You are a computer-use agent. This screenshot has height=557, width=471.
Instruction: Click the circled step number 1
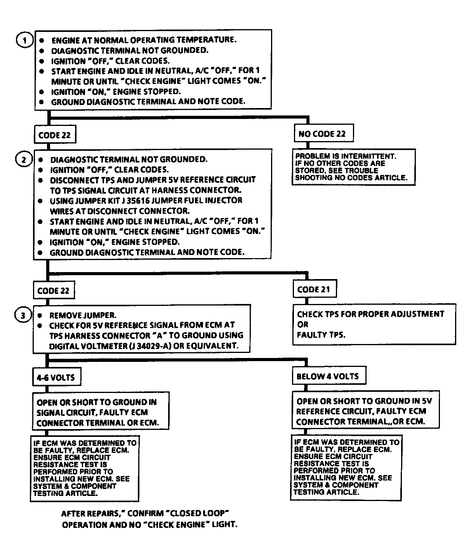point(25,40)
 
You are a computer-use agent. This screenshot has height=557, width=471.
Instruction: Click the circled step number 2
point(24,159)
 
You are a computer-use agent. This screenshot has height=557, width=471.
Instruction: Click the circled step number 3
point(23,315)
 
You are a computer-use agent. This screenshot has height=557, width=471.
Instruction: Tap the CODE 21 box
point(314,290)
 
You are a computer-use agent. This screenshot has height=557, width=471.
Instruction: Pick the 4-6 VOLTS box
point(56,377)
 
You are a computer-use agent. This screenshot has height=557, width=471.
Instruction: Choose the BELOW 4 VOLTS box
point(328,376)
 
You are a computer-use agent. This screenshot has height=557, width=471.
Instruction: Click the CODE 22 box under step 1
point(54,135)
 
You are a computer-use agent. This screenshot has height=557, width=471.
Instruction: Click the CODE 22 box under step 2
point(53,291)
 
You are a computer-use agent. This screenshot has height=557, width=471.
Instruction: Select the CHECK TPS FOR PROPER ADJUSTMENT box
point(374,324)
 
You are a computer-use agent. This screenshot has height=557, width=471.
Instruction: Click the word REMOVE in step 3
point(64,315)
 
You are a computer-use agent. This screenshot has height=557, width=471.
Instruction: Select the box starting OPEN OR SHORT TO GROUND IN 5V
point(365,411)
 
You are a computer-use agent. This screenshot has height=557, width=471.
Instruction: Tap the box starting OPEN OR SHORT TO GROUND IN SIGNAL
point(100,412)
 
